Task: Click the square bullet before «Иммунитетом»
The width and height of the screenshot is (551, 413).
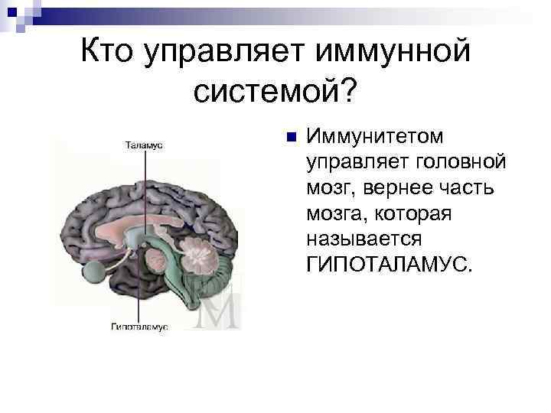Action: click(289, 137)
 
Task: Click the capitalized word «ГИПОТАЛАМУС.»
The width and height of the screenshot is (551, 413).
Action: click(390, 265)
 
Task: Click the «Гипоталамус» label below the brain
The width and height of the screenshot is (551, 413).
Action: click(139, 327)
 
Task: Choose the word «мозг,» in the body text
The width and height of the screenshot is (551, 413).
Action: click(330, 188)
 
